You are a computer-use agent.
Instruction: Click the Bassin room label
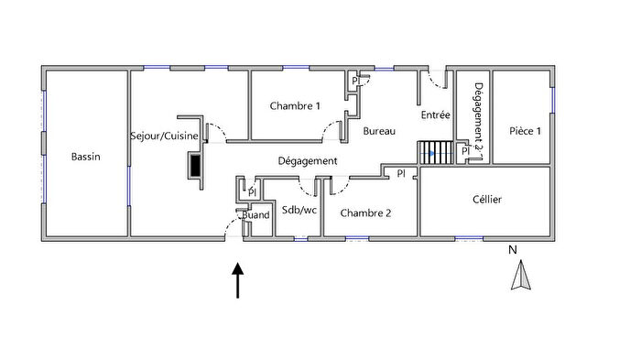[85, 157]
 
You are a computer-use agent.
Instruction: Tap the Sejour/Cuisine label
[165, 134]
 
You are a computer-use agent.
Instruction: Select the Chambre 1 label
[295, 106]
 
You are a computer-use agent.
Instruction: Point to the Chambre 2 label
[365, 213]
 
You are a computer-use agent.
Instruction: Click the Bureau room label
[379, 132]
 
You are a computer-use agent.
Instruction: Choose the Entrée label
[435, 115]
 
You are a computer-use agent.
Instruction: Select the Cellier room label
[486, 199]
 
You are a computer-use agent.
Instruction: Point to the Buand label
[255, 215]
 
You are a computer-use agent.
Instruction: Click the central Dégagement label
[309, 161]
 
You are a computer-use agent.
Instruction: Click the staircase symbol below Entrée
[435, 152]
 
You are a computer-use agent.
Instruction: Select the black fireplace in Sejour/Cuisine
[194, 167]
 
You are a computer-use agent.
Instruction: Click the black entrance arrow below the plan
[238, 280]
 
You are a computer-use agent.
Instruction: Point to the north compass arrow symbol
[520, 276]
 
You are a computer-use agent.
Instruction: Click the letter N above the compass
[514, 248]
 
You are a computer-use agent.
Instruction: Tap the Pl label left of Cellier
[401, 173]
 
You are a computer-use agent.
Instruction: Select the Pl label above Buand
[251, 192]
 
